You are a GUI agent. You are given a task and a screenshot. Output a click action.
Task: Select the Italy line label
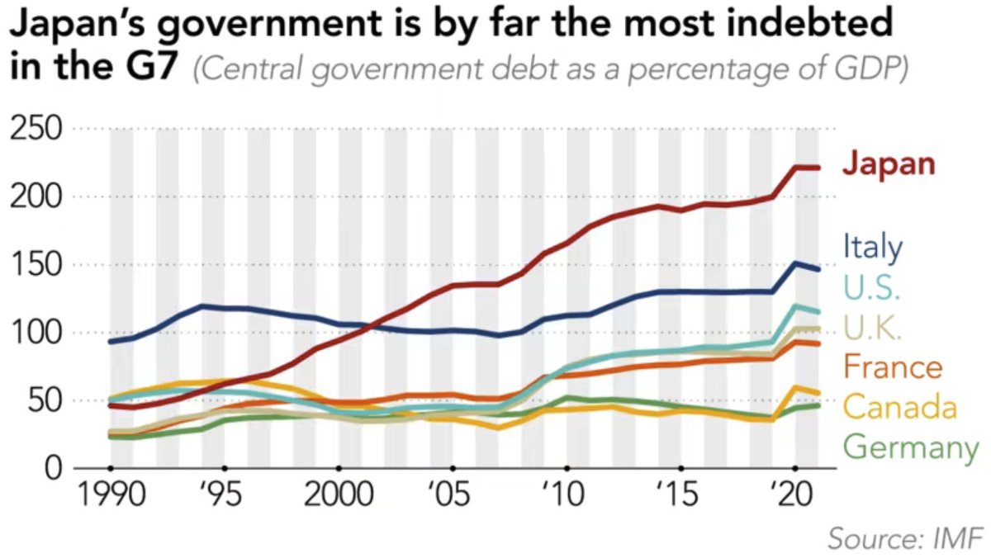coord(873,247)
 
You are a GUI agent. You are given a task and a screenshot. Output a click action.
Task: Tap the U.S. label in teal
coord(871,290)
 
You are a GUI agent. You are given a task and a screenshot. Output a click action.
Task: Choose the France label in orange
coord(893,368)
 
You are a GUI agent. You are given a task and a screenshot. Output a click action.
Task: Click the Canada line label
coord(900,407)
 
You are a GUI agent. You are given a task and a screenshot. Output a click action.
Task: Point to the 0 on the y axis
coord(53,469)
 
